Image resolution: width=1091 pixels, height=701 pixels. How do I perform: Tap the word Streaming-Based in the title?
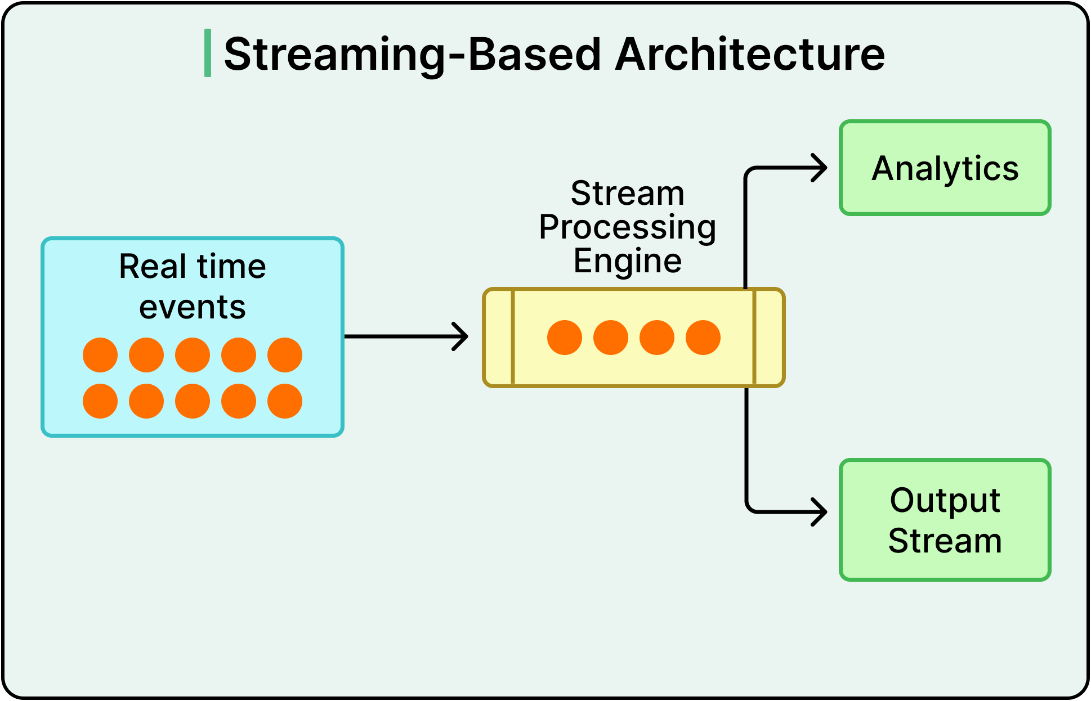click(x=412, y=54)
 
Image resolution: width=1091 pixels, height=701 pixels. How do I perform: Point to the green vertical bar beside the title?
click(x=208, y=53)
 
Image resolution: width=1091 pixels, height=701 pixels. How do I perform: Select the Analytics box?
click(x=945, y=168)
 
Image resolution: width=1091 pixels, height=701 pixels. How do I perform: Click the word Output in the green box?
click(x=945, y=500)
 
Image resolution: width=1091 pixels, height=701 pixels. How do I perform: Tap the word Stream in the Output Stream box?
click(x=945, y=541)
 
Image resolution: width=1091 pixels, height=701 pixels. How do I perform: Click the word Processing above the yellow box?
click(x=627, y=227)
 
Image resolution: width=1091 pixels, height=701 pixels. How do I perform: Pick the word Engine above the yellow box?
click(x=627, y=261)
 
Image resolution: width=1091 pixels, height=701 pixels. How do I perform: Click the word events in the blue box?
click(x=193, y=307)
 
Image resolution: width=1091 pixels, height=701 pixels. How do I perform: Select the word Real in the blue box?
click(x=152, y=266)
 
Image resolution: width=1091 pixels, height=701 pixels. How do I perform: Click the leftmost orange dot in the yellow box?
click(x=564, y=338)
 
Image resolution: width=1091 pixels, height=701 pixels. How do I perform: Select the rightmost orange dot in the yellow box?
click(x=703, y=338)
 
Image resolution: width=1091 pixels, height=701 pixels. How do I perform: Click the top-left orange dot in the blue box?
click(x=100, y=355)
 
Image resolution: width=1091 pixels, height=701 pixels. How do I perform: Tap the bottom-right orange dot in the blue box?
click(x=285, y=401)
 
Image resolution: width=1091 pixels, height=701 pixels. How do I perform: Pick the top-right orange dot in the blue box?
click(x=285, y=355)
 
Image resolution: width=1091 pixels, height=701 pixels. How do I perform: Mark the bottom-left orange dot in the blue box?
click(x=100, y=401)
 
